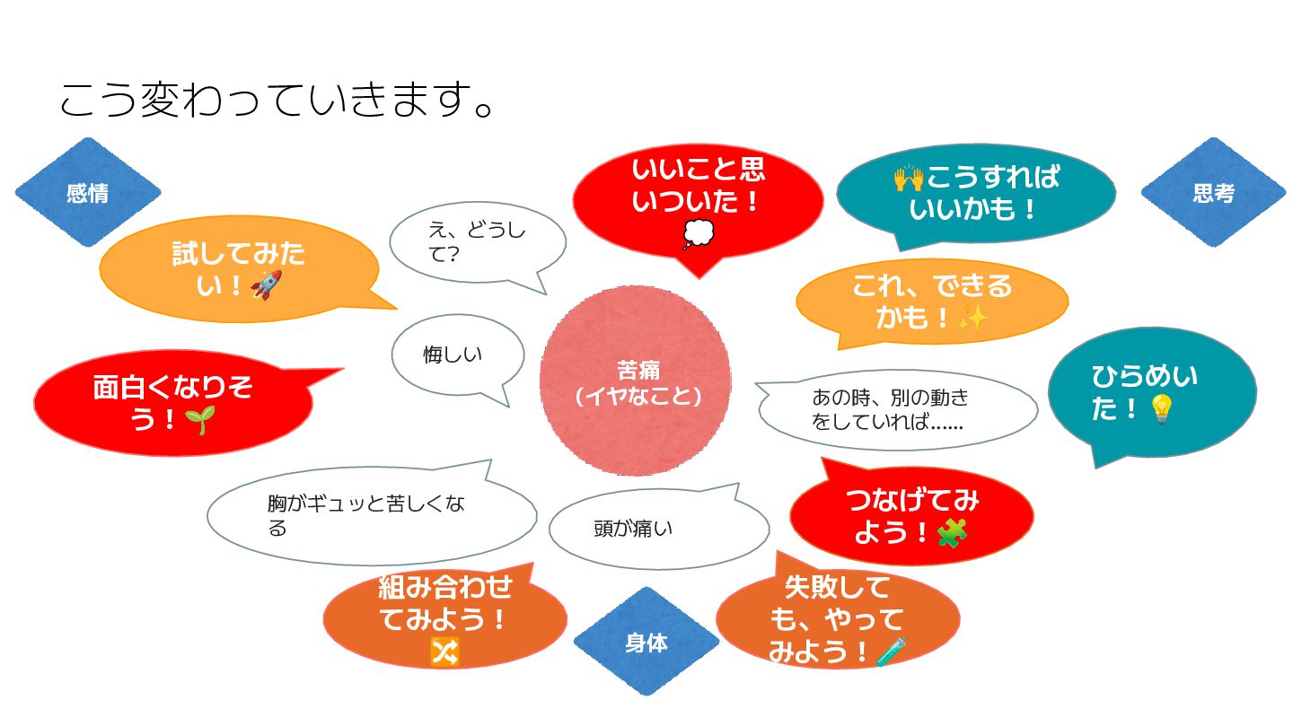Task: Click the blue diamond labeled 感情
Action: tap(88, 192)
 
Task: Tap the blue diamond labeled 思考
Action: tap(1213, 192)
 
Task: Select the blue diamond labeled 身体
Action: tap(646, 642)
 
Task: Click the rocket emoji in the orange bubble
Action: tap(267, 285)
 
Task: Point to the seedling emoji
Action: tap(200, 419)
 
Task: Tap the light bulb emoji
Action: tap(1161, 409)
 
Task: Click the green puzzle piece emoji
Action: tap(952, 532)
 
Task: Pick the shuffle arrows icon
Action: tap(445, 653)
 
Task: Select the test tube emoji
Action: tap(892, 652)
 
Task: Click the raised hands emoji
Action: tap(909, 178)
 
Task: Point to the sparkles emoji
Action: tap(973, 318)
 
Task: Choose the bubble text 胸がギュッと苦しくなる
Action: tap(366, 515)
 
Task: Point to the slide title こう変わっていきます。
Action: tap(277, 100)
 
